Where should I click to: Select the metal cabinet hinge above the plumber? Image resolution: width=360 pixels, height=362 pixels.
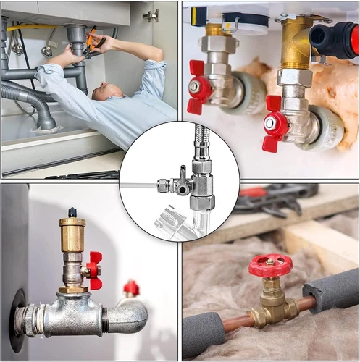[x=151, y=15]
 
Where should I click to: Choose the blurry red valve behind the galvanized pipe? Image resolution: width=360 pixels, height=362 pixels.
[x=131, y=288]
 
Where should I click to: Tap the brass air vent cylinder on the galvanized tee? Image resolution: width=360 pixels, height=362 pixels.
[x=72, y=232]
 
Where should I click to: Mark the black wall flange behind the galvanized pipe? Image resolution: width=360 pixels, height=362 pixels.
[x=16, y=319]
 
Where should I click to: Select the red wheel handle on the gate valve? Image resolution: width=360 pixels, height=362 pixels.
[x=270, y=265]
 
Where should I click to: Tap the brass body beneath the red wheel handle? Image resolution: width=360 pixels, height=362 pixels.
[x=271, y=307]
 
